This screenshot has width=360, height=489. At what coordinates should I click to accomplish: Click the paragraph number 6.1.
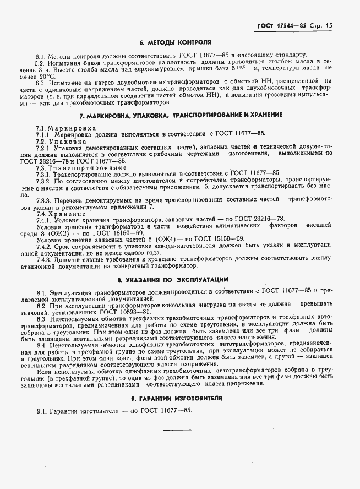tap(40, 55)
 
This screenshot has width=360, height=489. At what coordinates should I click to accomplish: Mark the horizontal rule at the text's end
tap(177, 429)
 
